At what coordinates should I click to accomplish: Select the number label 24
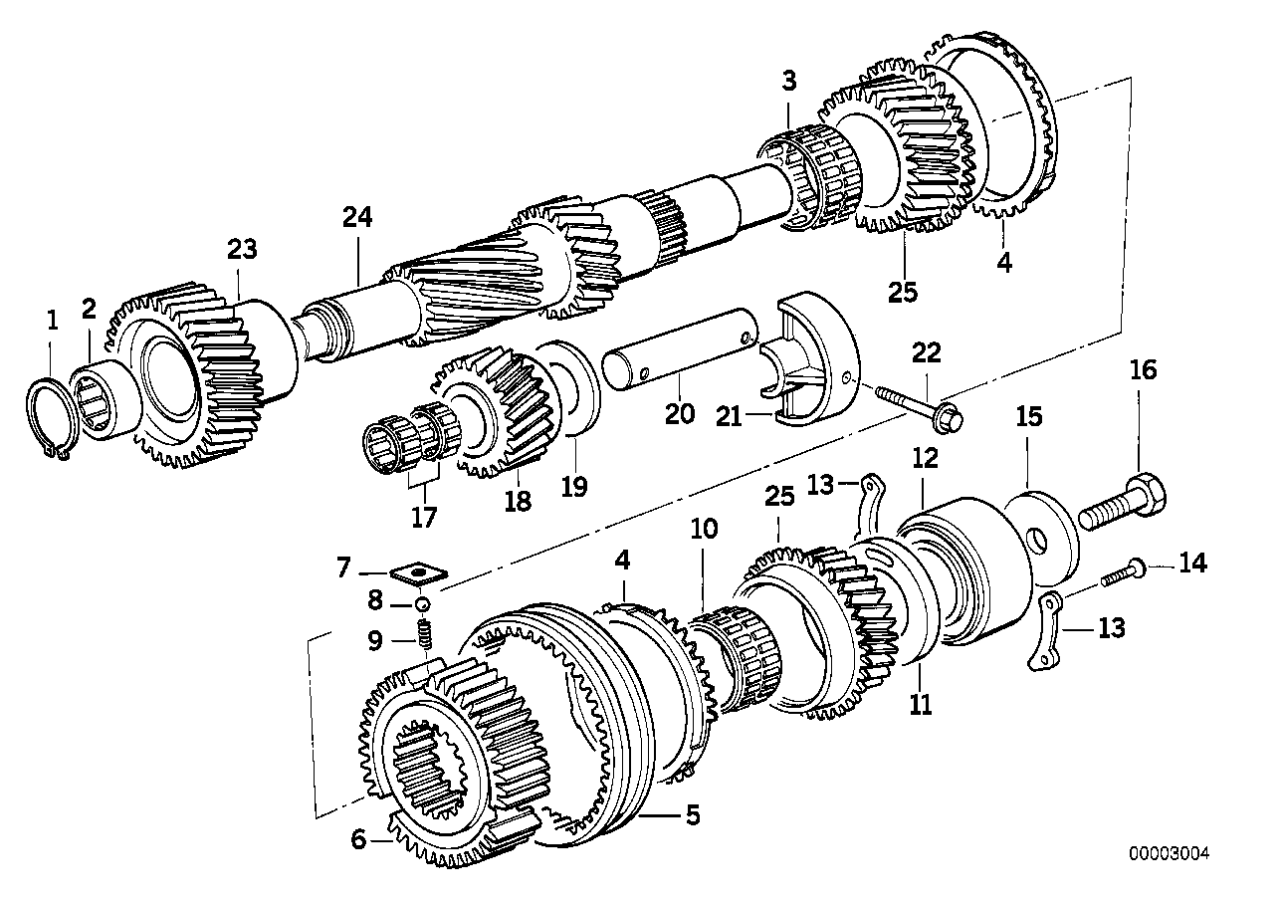tap(357, 217)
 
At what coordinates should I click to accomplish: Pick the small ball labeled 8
tap(422, 603)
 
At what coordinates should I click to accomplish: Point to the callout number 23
tap(241, 249)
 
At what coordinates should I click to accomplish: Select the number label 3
tap(788, 82)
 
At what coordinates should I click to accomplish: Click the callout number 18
tap(516, 502)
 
